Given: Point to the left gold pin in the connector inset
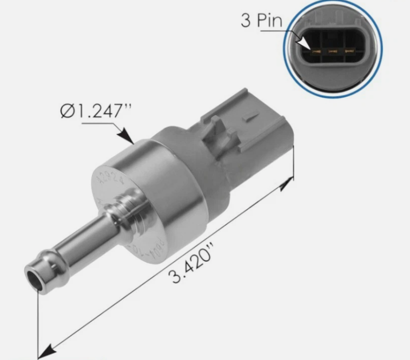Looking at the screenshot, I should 316,52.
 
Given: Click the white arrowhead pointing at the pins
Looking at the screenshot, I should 304,43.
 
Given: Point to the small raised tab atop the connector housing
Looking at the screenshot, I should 250,115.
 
